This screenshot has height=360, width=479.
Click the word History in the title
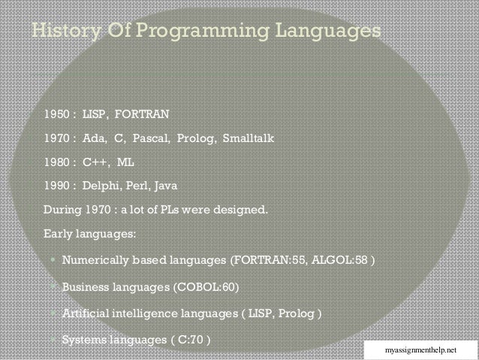click(x=62, y=32)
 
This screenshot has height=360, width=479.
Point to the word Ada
click(x=94, y=139)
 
